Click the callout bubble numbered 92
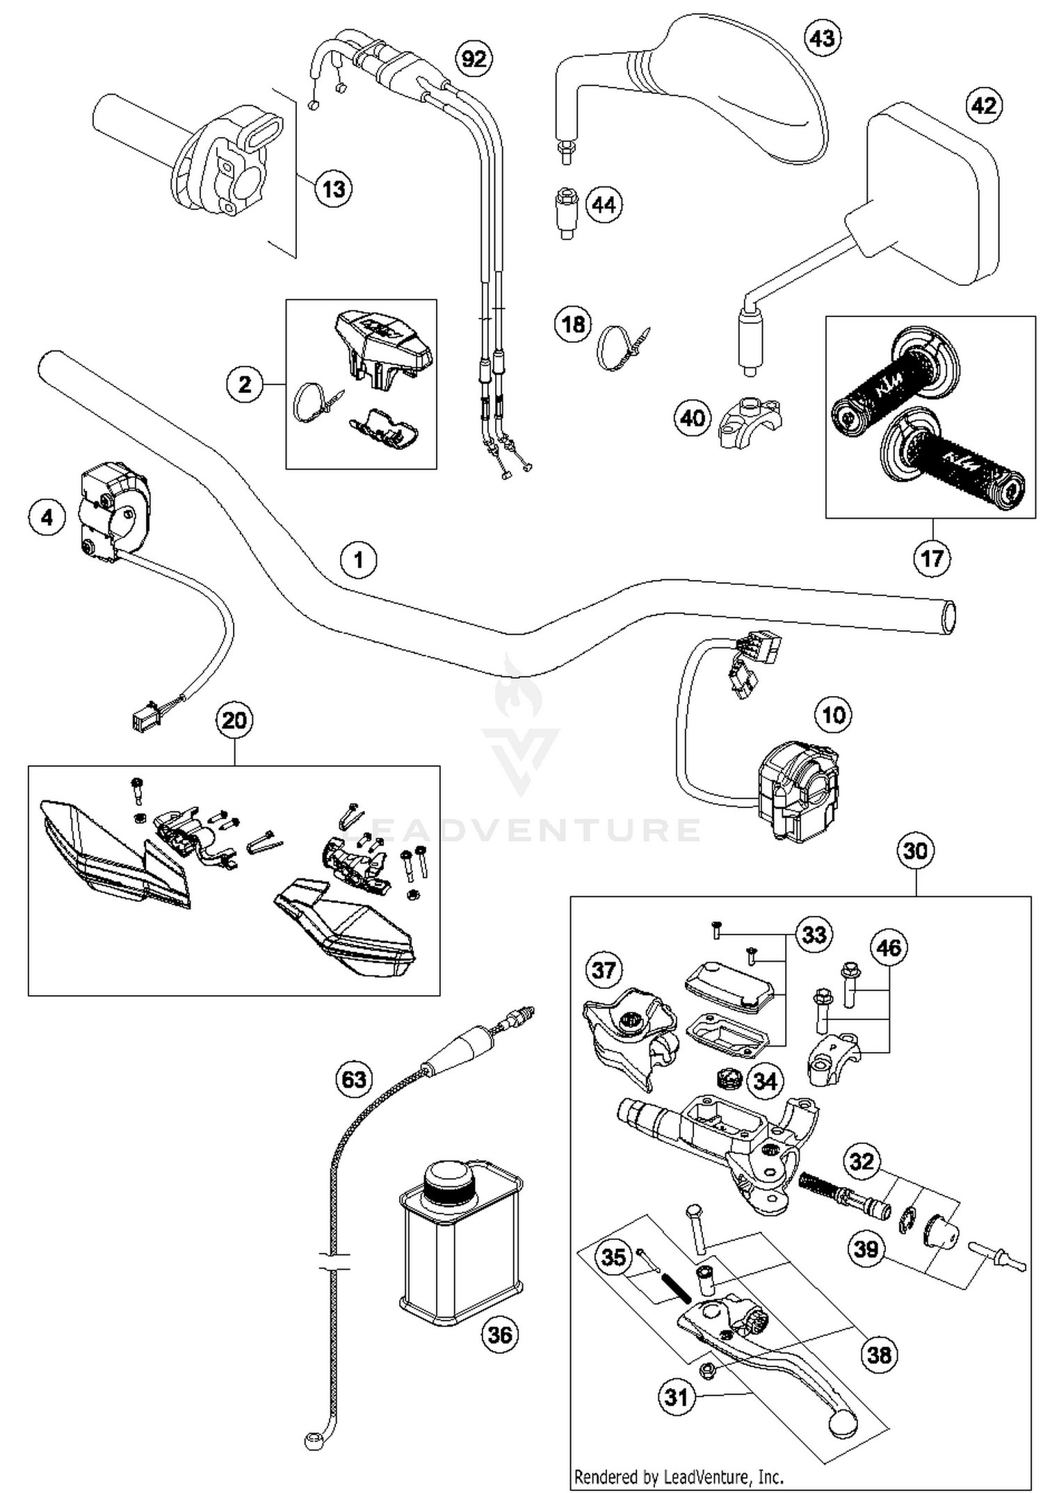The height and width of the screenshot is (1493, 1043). [x=474, y=58]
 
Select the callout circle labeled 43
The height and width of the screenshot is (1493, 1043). [x=822, y=38]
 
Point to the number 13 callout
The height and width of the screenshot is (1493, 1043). [x=334, y=188]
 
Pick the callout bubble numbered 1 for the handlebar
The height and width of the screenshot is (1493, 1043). [x=359, y=559]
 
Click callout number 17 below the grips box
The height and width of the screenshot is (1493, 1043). [x=932, y=558]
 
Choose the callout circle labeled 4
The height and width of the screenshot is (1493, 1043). [x=47, y=517]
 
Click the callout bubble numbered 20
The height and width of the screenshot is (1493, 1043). [x=234, y=720]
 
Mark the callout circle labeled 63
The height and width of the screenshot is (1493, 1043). [x=354, y=1079]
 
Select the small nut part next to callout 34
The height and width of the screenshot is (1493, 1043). [x=729, y=1080]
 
